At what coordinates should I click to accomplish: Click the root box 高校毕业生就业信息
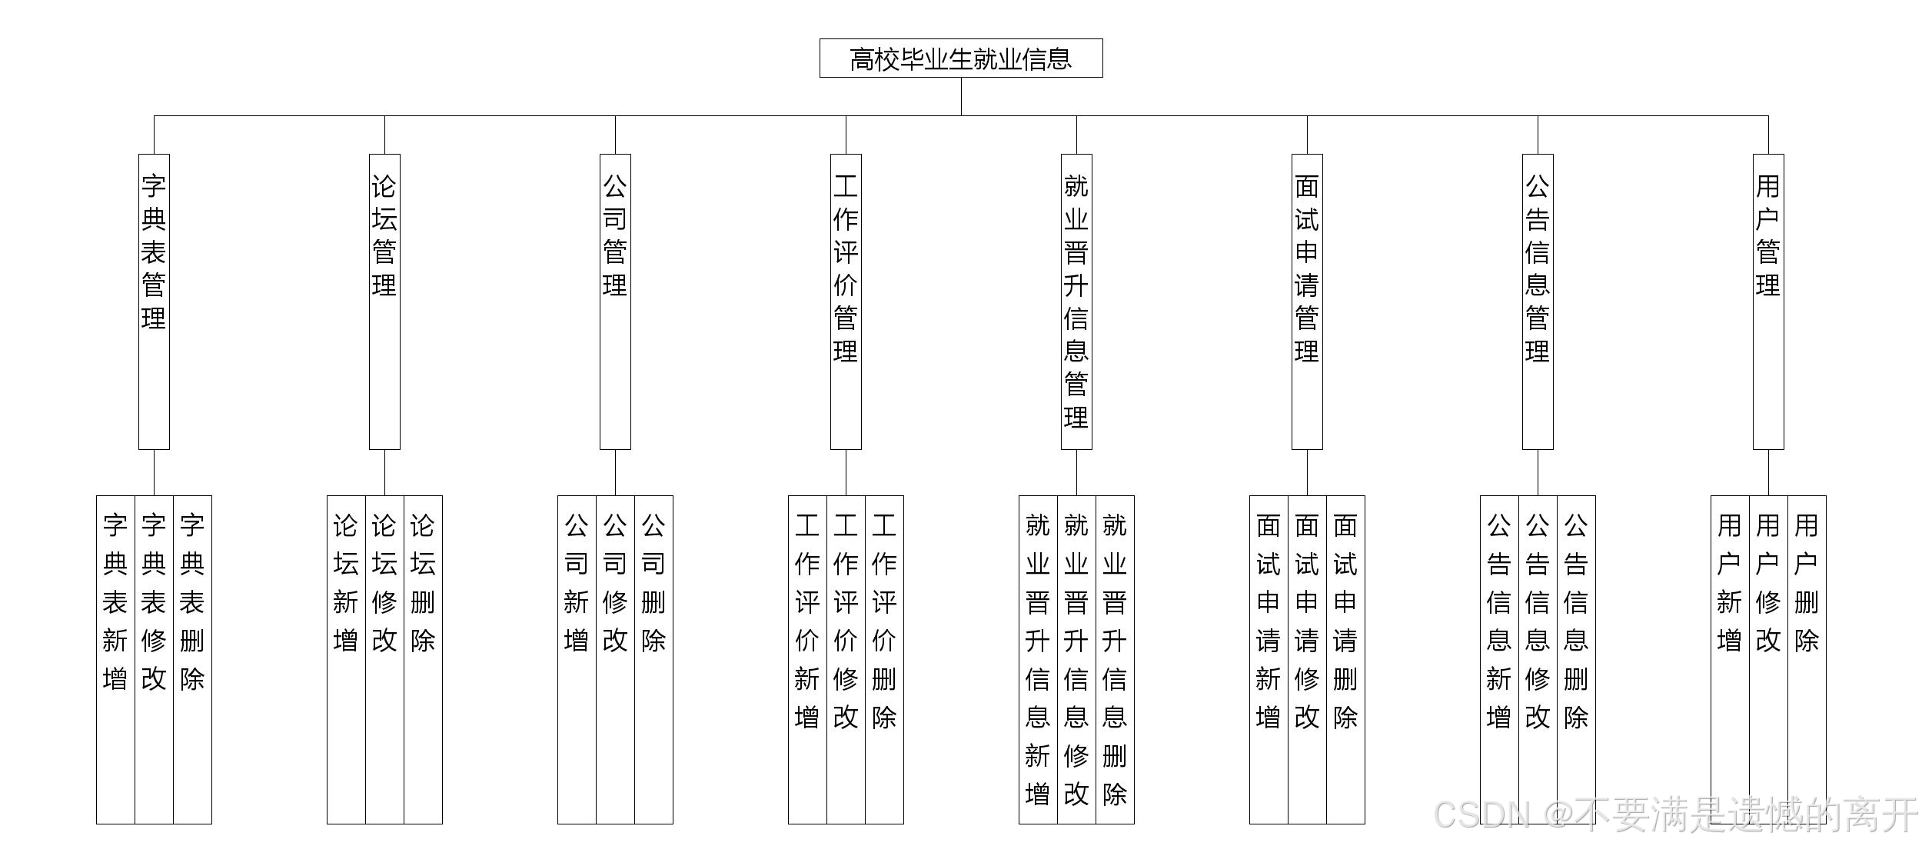click(x=961, y=58)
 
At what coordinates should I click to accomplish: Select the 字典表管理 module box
click(x=154, y=301)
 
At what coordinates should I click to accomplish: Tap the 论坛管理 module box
click(x=384, y=301)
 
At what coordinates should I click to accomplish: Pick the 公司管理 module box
click(x=615, y=301)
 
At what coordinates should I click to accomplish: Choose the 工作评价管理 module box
click(x=846, y=301)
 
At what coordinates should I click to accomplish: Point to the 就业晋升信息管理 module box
click(x=1076, y=301)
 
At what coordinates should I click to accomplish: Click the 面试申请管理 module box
click(x=1307, y=301)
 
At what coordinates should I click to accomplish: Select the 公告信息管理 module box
click(x=1538, y=301)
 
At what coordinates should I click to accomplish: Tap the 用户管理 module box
click(x=1768, y=301)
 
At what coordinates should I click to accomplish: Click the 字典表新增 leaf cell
click(x=115, y=659)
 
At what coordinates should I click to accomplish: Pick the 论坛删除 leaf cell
click(x=423, y=659)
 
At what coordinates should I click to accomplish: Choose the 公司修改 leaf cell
click(x=615, y=659)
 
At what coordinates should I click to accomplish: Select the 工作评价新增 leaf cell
click(x=807, y=659)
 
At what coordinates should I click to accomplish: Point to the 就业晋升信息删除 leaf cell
click(x=1115, y=659)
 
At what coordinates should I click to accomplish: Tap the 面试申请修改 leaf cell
click(x=1307, y=659)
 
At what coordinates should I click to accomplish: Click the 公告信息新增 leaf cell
click(x=1499, y=659)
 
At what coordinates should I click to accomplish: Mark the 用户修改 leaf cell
click(x=1768, y=659)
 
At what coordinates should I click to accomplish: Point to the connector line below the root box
click(x=961, y=96)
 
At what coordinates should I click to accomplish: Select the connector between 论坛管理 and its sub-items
click(x=384, y=472)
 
